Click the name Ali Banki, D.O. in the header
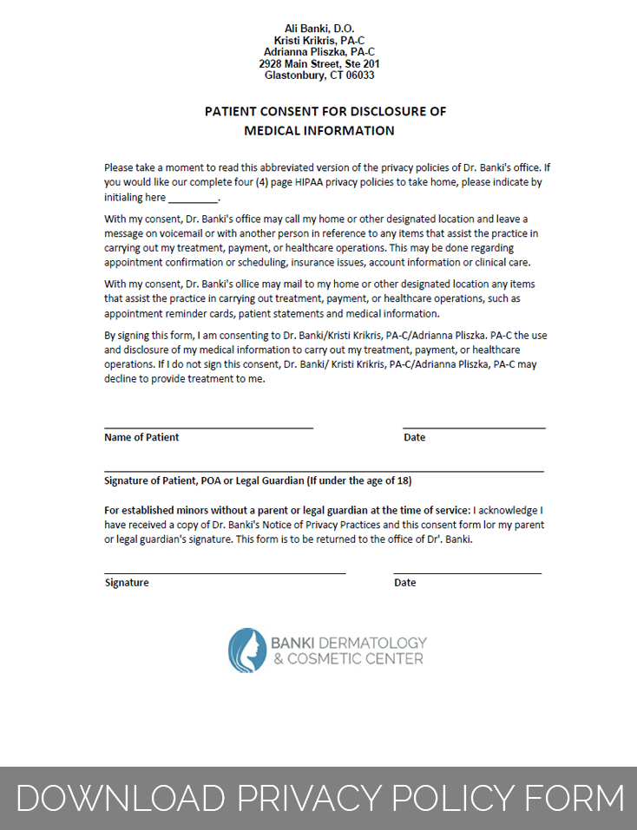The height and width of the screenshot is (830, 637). click(318, 29)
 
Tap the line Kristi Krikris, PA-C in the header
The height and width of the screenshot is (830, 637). click(318, 41)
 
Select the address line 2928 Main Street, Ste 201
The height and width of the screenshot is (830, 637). click(318, 64)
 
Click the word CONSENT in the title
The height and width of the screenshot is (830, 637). click(292, 112)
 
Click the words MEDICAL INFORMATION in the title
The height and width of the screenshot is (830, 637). click(318, 131)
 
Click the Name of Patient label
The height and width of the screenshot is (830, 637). click(141, 437)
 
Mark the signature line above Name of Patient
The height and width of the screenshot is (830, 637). click(208, 427)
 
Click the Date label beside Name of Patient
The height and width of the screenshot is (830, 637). click(414, 437)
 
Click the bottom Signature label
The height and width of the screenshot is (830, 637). click(127, 583)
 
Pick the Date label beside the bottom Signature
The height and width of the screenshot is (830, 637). click(404, 583)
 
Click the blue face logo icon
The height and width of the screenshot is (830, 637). click(247, 650)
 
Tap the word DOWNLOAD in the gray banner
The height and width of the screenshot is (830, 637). click(118, 798)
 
